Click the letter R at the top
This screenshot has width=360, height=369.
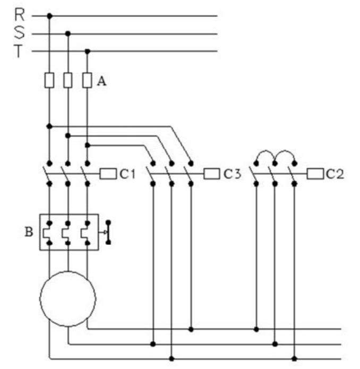point(19,14)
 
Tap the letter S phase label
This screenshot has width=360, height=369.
point(19,32)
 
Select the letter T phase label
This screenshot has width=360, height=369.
point(18,51)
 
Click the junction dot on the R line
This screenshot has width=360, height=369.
point(49,16)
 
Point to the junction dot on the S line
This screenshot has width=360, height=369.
point(68,33)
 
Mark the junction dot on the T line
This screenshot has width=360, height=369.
point(87,52)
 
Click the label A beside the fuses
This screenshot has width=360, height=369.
point(101,81)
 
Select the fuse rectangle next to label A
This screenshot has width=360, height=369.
point(87,80)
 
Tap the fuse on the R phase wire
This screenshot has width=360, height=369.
point(49,80)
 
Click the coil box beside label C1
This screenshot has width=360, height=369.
point(108,174)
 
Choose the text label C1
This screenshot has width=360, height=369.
point(127,174)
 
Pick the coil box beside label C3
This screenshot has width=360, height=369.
point(211,174)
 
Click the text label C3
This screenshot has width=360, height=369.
point(232,174)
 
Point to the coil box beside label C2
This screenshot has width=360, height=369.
point(315,174)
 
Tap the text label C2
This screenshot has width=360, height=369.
point(335,174)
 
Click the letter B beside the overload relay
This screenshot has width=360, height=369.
point(29,232)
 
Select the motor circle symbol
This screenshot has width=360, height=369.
point(68,299)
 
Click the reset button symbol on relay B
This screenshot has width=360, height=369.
point(108,232)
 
